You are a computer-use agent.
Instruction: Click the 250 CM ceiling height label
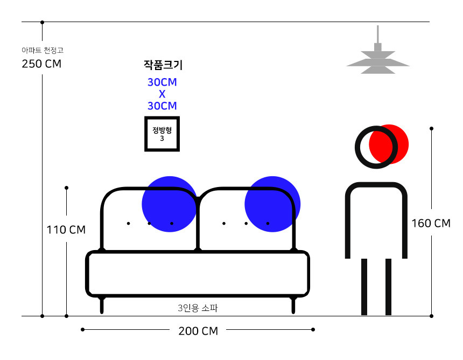[41, 64]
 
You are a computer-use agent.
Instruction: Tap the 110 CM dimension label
[66, 230]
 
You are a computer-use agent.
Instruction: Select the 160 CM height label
[431, 223]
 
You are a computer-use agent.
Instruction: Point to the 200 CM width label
[198, 331]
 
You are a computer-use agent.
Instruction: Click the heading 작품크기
[163, 65]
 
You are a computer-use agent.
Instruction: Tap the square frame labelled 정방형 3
[162, 134]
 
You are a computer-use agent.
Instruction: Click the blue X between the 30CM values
[162, 94]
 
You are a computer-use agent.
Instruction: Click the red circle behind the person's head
[389, 144]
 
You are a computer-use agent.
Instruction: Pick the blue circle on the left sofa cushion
[170, 204]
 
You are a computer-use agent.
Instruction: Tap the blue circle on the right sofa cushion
[272, 204]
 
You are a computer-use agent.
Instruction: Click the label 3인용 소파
[198, 308]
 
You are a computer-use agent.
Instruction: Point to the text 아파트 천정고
[43, 50]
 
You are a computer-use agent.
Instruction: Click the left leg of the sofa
[102, 305]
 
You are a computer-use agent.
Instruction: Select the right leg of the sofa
[293, 305]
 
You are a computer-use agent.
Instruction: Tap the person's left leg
[364, 287]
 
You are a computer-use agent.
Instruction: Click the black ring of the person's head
[376, 147]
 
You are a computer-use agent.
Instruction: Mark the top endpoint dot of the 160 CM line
[431, 129]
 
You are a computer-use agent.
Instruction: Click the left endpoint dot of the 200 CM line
[83, 330]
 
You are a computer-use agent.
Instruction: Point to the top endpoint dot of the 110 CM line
[66, 188]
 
